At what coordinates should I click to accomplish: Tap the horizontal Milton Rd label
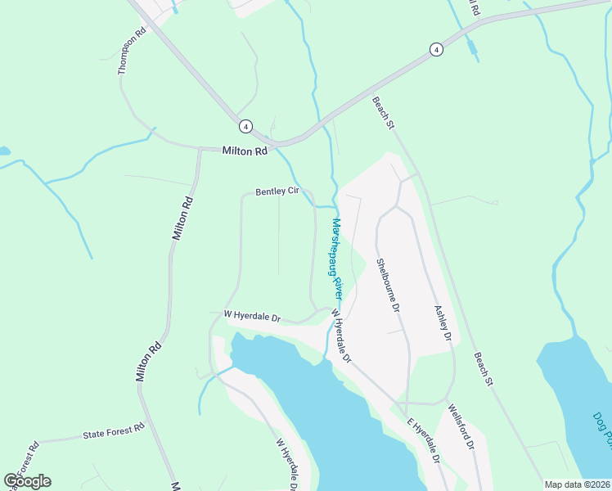tap(245, 151)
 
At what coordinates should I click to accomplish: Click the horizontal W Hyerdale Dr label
tap(252, 315)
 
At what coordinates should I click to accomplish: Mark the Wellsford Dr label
tap(461, 426)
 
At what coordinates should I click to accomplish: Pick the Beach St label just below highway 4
tap(383, 114)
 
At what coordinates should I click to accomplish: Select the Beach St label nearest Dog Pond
tap(485, 370)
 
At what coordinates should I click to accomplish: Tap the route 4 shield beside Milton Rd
tap(245, 126)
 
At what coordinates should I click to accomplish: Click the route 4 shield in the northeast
tap(437, 50)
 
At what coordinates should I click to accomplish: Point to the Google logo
tap(27, 481)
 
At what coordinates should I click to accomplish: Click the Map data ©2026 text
tap(576, 484)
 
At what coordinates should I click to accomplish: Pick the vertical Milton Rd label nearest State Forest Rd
tap(148, 363)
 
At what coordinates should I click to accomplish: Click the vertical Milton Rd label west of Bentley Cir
tap(182, 218)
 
